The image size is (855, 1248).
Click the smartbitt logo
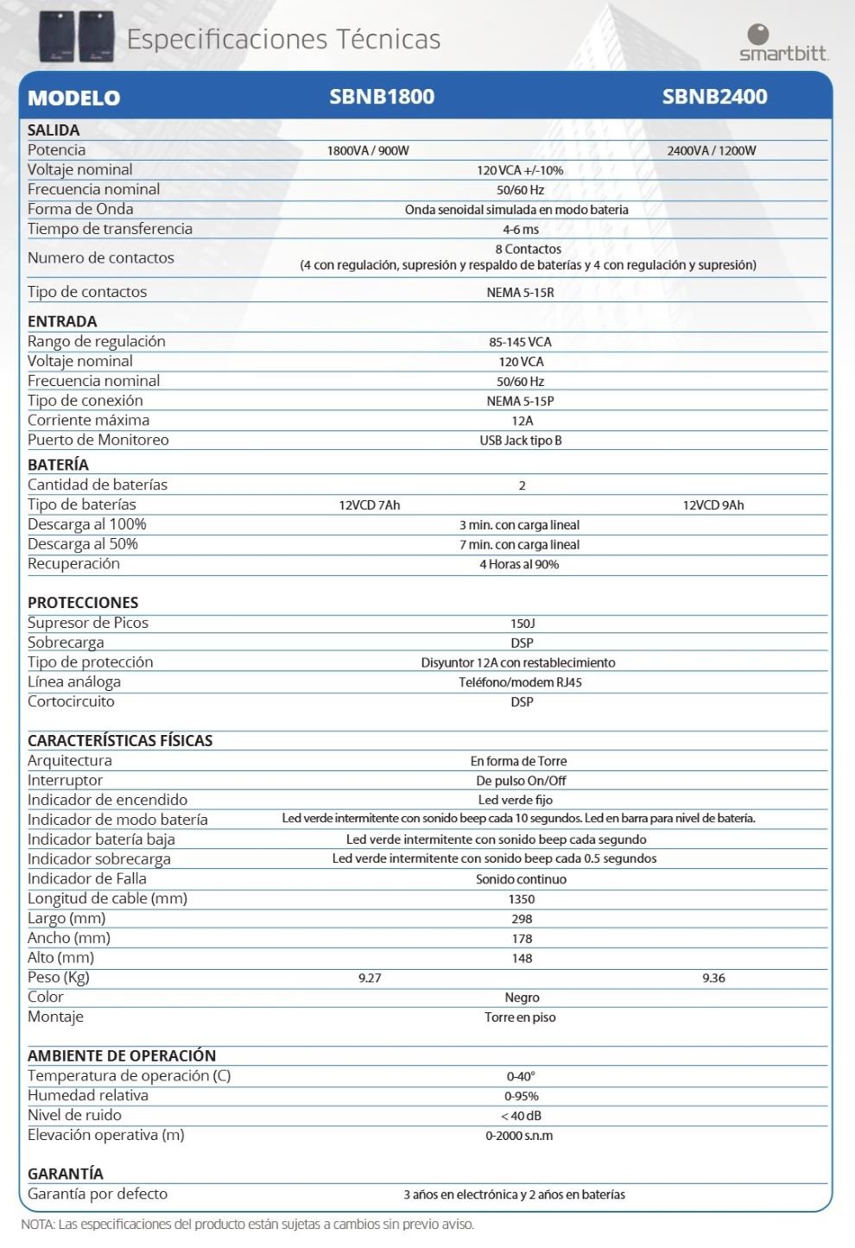783,42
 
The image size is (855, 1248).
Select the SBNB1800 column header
382,97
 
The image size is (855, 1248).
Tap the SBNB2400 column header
714,97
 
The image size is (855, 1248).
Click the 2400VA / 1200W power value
711,150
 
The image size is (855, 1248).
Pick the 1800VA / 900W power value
368,150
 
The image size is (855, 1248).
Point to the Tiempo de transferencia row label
110,229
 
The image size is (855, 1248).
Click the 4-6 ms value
521,230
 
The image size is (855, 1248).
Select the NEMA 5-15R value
520,293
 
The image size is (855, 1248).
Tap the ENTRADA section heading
62,321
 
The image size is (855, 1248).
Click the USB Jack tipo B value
521,440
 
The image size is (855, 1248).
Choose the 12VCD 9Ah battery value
712,505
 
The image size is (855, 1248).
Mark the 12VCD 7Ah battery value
369,505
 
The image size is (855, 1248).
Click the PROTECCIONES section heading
83,603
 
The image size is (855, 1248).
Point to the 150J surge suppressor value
522,624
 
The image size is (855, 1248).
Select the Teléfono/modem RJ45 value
520,682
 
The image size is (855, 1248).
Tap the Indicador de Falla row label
87,878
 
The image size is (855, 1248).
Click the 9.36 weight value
713,979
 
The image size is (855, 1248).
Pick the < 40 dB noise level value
521,1116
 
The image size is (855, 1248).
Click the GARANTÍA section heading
66,1174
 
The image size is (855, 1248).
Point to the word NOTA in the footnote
37,1225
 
